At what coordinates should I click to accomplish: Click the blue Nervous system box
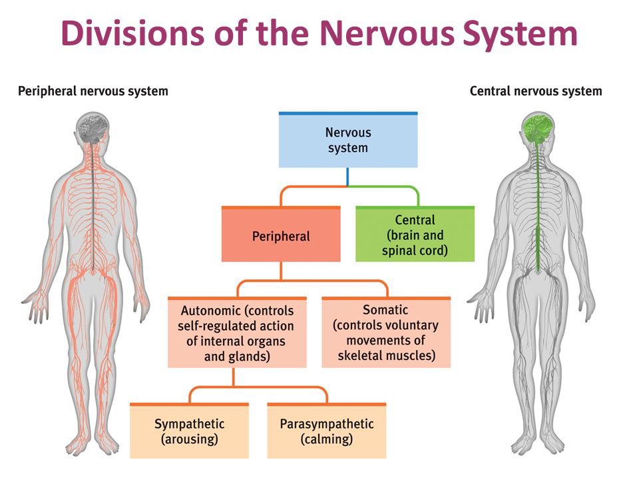[348, 139]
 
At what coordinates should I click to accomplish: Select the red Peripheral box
[281, 234]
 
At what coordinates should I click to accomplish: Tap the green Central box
[415, 234]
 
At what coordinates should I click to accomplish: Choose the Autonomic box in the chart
[237, 332]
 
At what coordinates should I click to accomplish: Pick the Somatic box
[386, 332]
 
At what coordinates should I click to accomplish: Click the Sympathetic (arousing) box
[189, 431]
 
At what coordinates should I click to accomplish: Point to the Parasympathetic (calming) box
[326, 431]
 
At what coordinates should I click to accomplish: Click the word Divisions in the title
[133, 33]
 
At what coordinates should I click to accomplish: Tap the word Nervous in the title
[387, 33]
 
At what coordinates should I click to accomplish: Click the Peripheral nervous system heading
[93, 91]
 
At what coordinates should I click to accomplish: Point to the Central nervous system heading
[536, 91]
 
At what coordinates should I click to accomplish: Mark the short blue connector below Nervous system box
[347, 176]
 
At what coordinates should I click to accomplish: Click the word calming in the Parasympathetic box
[326, 439]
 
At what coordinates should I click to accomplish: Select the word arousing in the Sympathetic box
[190, 439]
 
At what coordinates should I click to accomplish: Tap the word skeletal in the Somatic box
[360, 355]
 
